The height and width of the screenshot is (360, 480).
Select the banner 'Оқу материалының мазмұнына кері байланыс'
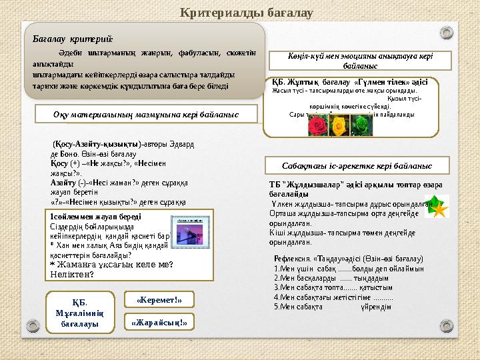tap(146, 115)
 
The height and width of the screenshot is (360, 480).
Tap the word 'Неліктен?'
tap(73, 273)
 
